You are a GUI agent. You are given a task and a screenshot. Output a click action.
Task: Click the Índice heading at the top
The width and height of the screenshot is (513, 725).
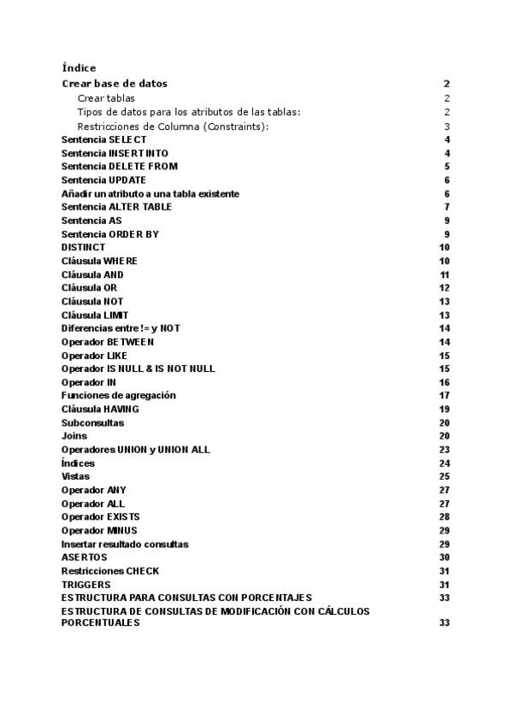click(79, 68)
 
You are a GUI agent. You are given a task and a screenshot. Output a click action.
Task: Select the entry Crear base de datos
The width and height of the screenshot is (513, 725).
click(115, 84)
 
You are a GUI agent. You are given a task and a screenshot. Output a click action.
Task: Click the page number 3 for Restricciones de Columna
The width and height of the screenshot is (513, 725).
click(446, 127)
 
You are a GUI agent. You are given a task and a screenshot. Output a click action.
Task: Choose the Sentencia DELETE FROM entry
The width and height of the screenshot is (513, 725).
click(120, 167)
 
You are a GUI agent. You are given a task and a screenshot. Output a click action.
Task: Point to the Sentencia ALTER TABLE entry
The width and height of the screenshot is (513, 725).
click(116, 207)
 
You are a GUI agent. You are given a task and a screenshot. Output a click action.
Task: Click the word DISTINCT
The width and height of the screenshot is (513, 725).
click(84, 247)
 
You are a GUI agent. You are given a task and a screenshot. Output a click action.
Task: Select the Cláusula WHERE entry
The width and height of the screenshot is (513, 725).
click(99, 261)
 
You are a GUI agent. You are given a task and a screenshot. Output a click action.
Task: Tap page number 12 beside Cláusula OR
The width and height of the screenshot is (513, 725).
click(445, 288)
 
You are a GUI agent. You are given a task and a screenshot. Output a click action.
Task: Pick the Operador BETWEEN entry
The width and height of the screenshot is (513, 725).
click(108, 342)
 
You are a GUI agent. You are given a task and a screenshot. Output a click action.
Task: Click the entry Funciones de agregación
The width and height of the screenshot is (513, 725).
click(118, 396)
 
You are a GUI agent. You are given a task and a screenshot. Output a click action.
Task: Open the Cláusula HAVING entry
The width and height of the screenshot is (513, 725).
click(100, 410)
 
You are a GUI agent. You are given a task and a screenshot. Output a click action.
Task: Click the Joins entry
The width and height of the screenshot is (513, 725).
click(74, 436)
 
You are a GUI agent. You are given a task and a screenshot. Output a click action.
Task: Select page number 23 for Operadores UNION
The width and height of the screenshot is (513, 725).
click(445, 450)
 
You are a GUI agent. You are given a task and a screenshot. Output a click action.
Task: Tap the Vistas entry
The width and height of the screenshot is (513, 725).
click(75, 476)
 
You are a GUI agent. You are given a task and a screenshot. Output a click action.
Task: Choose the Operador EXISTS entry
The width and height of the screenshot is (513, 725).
click(100, 517)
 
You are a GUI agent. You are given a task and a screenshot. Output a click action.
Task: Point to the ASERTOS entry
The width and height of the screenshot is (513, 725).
click(84, 557)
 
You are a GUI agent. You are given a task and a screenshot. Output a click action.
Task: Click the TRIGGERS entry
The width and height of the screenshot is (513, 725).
click(85, 585)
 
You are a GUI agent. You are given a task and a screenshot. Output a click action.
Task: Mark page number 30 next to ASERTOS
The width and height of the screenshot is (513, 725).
click(445, 557)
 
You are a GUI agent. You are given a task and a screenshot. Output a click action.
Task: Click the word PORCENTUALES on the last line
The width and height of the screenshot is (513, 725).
click(100, 623)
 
